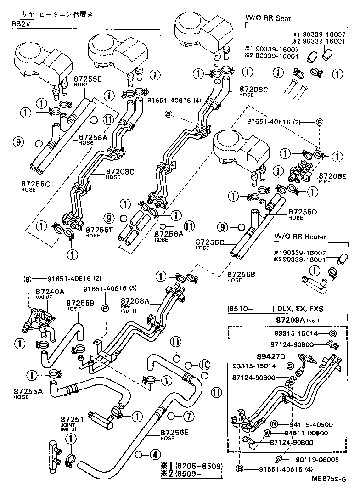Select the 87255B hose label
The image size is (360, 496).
point(80,303)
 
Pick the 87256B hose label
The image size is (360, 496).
point(241,274)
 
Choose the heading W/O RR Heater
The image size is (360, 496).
point(300,237)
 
